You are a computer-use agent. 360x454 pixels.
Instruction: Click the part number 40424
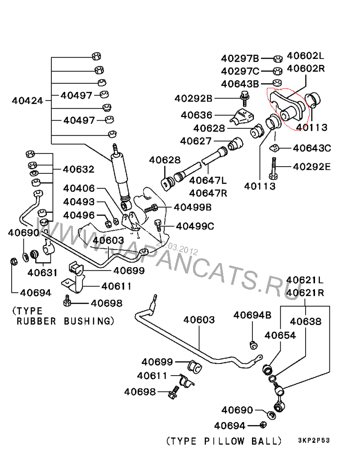click(27, 100)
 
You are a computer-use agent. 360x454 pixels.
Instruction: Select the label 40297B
click(240, 58)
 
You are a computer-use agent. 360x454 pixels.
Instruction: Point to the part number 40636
click(197, 115)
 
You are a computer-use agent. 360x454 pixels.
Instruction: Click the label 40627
click(196, 141)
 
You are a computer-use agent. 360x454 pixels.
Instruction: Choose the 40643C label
click(312, 148)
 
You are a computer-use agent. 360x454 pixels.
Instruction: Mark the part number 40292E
click(312, 167)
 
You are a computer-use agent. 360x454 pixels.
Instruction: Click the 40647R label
click(208, 194)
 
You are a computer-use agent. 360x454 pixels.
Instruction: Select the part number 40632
click(78, 169)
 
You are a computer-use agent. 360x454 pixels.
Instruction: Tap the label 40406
click(79, 188)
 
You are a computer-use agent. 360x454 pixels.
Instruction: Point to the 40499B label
click(193, 207)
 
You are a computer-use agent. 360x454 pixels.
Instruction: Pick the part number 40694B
click(252, 315)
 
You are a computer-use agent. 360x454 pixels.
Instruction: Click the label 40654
click(280, 335)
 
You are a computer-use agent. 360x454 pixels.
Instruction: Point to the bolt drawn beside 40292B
click(245, 97)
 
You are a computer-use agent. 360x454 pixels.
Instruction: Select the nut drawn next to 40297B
click(278, 59)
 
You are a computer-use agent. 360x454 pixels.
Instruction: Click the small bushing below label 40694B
click(253, 345)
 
